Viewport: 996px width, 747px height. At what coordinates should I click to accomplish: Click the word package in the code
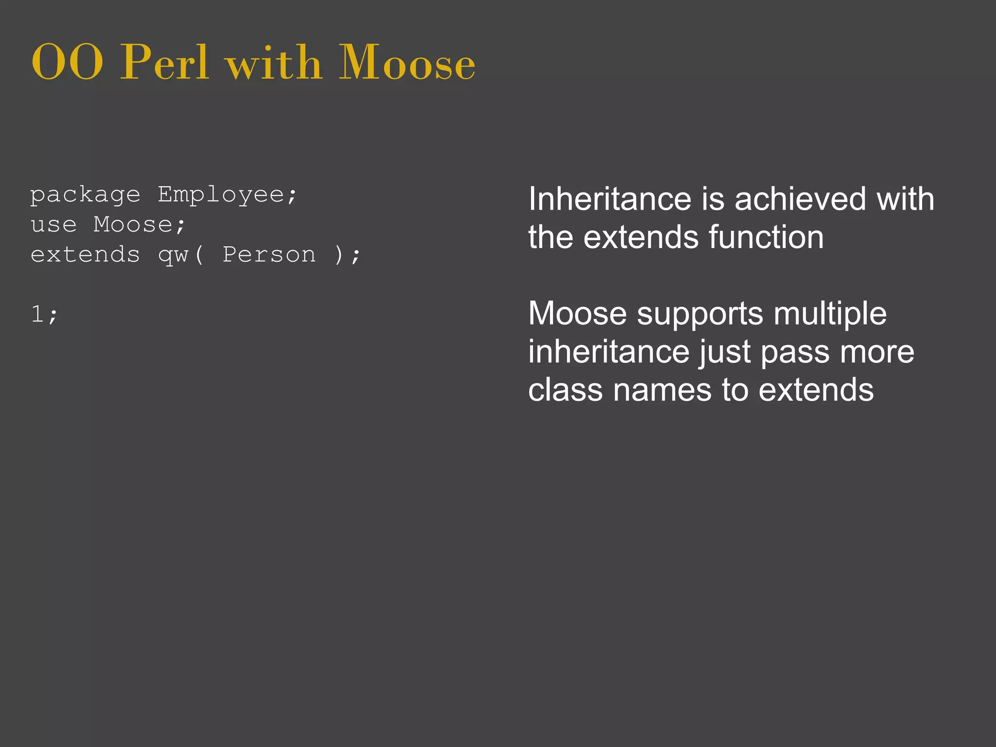85,196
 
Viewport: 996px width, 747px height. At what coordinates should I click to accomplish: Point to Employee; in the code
227,196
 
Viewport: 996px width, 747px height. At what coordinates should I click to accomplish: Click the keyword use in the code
53,225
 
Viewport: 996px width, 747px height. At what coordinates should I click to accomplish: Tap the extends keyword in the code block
85,255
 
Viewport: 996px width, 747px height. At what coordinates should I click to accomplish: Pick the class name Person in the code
269,255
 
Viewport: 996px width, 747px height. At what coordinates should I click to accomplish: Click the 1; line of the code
44,314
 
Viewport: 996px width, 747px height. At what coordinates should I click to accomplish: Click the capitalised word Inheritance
610,199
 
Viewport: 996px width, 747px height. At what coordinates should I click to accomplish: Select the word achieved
800,199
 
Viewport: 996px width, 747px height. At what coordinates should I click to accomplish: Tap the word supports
700,314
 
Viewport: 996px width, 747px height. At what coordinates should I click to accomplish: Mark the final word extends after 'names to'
816,390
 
